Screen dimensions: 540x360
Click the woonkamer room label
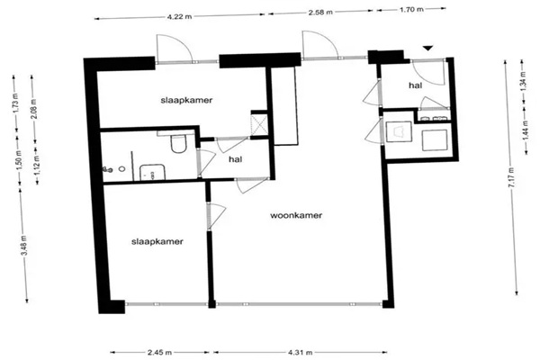coord(296,216)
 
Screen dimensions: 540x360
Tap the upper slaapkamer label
coord(186,100)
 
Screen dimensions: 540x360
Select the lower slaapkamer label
coord(157,242)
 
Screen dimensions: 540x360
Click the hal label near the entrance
coord(416,85)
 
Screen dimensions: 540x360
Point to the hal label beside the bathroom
coord(236,159)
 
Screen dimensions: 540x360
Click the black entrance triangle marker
coord(427,49)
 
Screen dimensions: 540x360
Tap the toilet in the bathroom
coord(178,144)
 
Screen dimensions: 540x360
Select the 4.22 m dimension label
coord(179,16)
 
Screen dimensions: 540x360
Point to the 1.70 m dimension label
coord(411,9)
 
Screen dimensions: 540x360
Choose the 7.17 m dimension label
coord(511,177)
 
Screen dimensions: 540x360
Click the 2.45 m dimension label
coord(159,353)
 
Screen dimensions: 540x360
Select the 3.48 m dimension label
coord(24,246)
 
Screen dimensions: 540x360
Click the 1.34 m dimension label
coord(524,80)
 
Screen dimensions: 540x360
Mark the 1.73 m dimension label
coord(16,104)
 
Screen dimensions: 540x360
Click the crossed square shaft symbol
coord(259,123)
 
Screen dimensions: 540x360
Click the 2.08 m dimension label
coord(34,109)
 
